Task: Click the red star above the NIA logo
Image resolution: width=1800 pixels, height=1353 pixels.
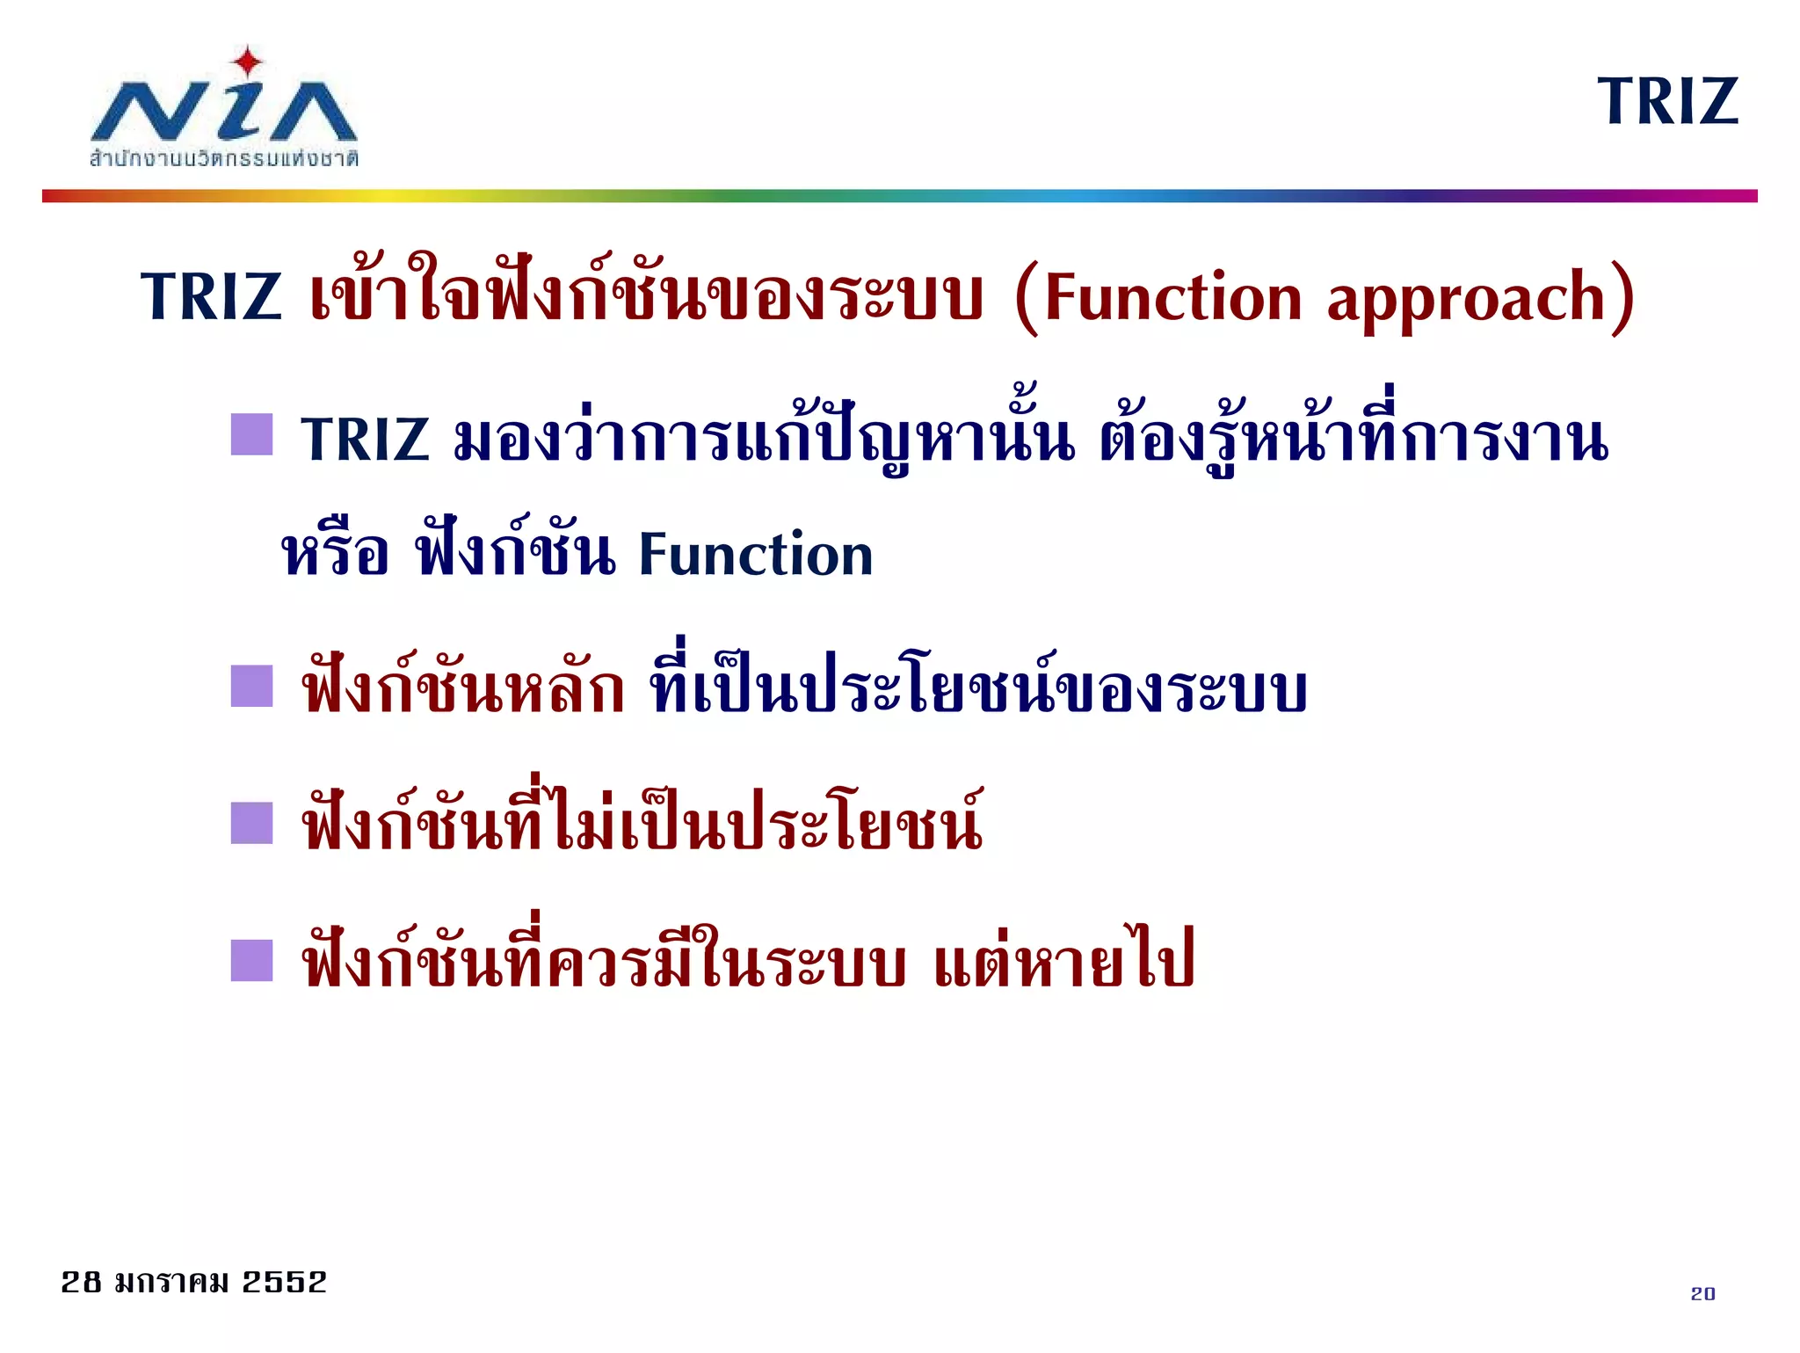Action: click(x=248, y=62)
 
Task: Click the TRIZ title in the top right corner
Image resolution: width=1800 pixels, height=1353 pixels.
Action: click(x=1667, y=102)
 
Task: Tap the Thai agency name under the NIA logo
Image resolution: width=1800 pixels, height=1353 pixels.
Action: click(x=223, y=159)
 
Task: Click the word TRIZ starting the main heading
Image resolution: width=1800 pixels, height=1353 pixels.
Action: click(x=211, y=296)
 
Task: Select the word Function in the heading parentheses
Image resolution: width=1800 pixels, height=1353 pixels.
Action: click(x=1172, y=297)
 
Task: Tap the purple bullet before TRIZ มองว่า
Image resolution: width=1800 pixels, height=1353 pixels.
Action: click(x=252, y=435)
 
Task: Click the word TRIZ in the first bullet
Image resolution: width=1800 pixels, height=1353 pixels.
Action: click(x=365, y=439)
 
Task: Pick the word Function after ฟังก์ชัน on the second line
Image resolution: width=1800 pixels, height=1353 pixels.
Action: click(x=755, y=555)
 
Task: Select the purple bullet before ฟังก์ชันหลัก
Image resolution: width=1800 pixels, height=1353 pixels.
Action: click(x=252, y=687)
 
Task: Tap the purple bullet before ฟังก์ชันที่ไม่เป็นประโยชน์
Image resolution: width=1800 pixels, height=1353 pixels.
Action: click(x=252, y=824)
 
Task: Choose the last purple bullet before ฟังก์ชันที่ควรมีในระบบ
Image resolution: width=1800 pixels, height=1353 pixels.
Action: click(x=252, y=961)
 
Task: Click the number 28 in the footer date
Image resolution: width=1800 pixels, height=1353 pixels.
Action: click(x=81, y=1282)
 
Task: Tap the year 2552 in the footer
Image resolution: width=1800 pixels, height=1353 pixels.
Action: click(x=284, y=1282)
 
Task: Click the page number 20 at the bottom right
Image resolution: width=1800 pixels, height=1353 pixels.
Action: click(x=1702, y=1293)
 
